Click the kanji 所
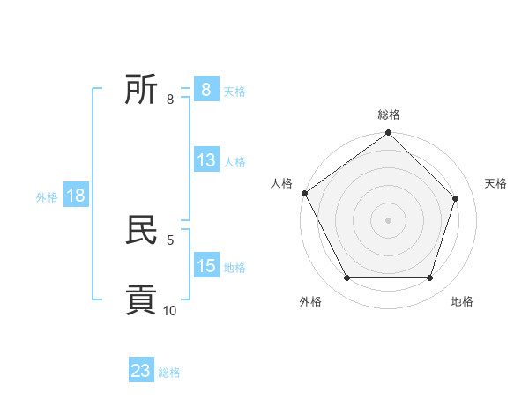click(142, 89)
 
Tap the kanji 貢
click(142, 299)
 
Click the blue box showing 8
click(206, 90)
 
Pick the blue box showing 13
click(206, 160)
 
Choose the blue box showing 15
click(206, 266)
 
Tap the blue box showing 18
click(76, 196)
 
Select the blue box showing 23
click(141, 371)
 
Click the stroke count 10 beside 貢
click(170, 310)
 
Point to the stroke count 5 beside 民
click(170, 240)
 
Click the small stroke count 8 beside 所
click(170, 100)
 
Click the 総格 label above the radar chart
click(389, 115)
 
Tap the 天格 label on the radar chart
click(495, 183)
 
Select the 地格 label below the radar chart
click(462, 301)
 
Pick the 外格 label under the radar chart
click(310, 301)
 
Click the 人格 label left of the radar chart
click(281, 183)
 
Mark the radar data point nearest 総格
click(389, 133)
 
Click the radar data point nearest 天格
click(456, 198)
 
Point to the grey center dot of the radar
click(389, 219)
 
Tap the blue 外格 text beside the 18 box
click(47, 197)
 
